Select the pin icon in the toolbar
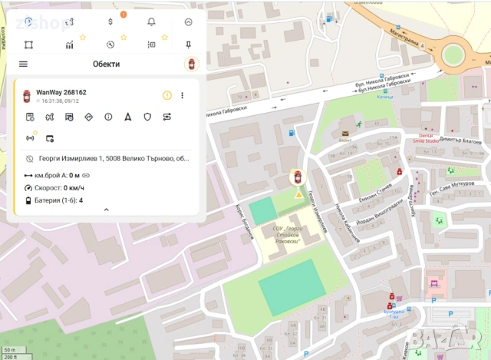188,45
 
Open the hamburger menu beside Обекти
23,64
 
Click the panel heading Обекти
106,64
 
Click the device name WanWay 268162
61,93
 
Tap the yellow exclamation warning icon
166,95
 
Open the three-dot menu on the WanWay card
183,95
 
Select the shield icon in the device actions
147,117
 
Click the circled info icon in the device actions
107,117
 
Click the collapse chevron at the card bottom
106,210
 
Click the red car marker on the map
298,177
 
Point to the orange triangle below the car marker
298,194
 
